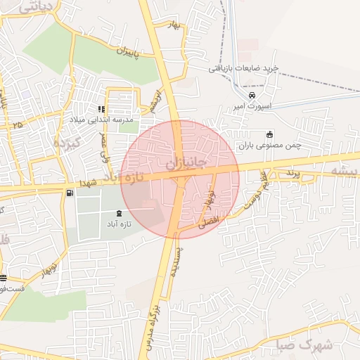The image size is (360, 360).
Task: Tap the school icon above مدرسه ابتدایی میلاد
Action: click(x=102, y=109)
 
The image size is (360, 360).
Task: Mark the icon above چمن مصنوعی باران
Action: click(x=268, y=134)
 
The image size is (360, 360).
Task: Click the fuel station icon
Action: click(x=69, y=193)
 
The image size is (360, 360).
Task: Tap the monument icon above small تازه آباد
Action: click(x=117, y=212)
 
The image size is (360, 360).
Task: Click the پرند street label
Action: click(x=292, y=172)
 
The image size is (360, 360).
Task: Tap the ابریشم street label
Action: click(x=155, y=101)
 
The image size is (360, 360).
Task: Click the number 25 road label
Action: click(x=17, y=124)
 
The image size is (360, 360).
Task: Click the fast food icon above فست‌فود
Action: click(x=3, y=278)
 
